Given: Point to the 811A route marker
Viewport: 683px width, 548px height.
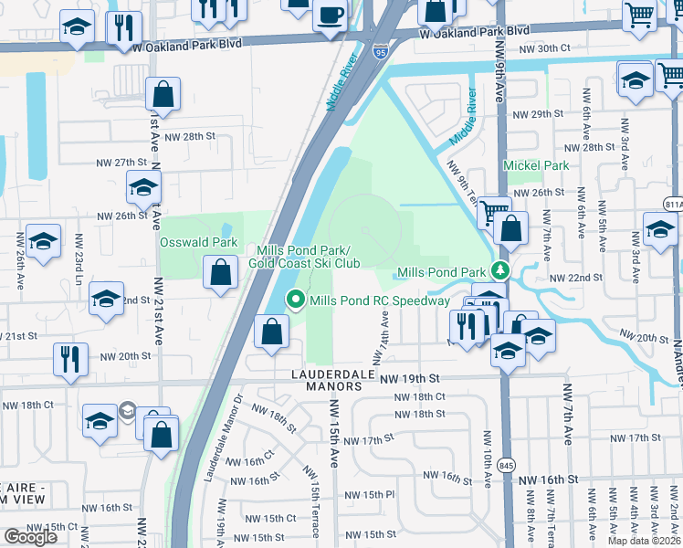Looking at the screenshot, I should [x=674, y=204].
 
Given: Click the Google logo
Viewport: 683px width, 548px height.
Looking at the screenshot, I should [x=30, y=537].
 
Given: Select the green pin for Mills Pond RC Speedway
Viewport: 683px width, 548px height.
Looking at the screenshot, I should [x=295, y=300].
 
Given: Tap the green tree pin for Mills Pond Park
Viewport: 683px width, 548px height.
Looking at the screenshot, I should [x=499, y=270].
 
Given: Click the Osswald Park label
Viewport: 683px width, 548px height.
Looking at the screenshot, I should [x=198, y=242].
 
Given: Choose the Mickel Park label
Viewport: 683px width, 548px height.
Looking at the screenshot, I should [x=536, y=165].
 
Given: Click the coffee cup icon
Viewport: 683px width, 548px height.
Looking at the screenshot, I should [x=330, y=14].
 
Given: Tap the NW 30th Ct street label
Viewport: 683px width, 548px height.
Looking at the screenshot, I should [x=544, y=47].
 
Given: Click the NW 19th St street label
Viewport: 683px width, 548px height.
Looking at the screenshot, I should [x=410, y=377].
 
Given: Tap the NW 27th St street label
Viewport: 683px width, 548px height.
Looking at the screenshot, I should [x=121, y=162].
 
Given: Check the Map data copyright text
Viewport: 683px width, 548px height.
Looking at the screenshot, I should [x=644, y=541].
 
